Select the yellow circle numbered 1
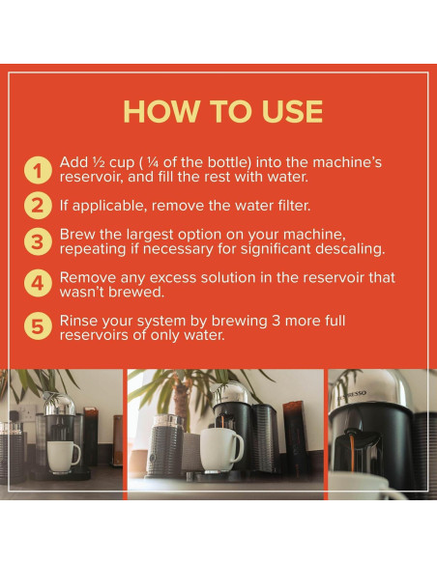(38, 170)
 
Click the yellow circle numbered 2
(38, 206)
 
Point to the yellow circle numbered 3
(38, 241)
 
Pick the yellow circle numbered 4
(38, 283)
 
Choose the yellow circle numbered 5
(38, 326)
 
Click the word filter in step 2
(294, 206)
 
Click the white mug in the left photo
(63, 456)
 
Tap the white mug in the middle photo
(220, 450)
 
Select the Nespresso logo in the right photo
(351, 396)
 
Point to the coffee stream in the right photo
(352, 454)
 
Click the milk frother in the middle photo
(165, 446)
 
